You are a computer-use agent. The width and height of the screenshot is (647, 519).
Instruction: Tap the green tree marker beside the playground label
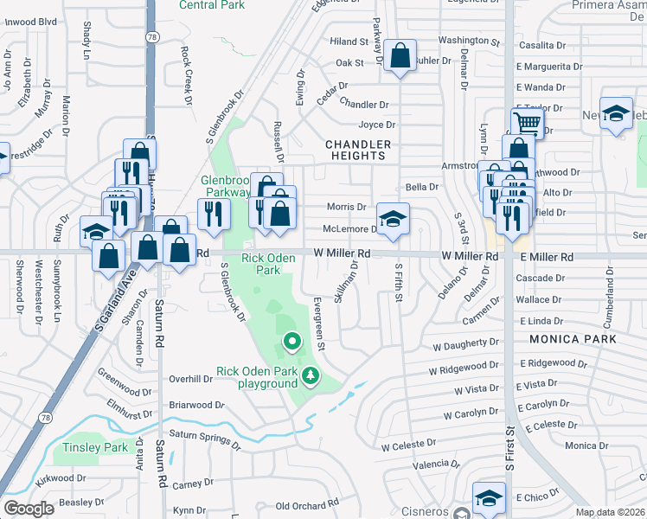point(310,377)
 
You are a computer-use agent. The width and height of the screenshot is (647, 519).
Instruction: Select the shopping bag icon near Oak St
point(400,57)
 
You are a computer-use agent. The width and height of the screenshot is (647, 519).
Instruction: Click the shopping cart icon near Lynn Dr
point(527,122)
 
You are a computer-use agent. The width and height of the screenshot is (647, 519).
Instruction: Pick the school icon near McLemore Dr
point(393,220)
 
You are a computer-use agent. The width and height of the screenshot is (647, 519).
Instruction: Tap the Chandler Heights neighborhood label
point(358,150)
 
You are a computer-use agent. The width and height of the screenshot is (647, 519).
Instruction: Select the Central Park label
point(212,5)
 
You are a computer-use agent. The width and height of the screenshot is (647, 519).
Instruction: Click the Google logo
point(29,509)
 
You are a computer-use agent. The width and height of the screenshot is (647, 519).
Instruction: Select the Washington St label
point(469,41)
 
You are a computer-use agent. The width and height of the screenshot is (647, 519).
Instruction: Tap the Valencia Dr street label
point(435,465)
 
